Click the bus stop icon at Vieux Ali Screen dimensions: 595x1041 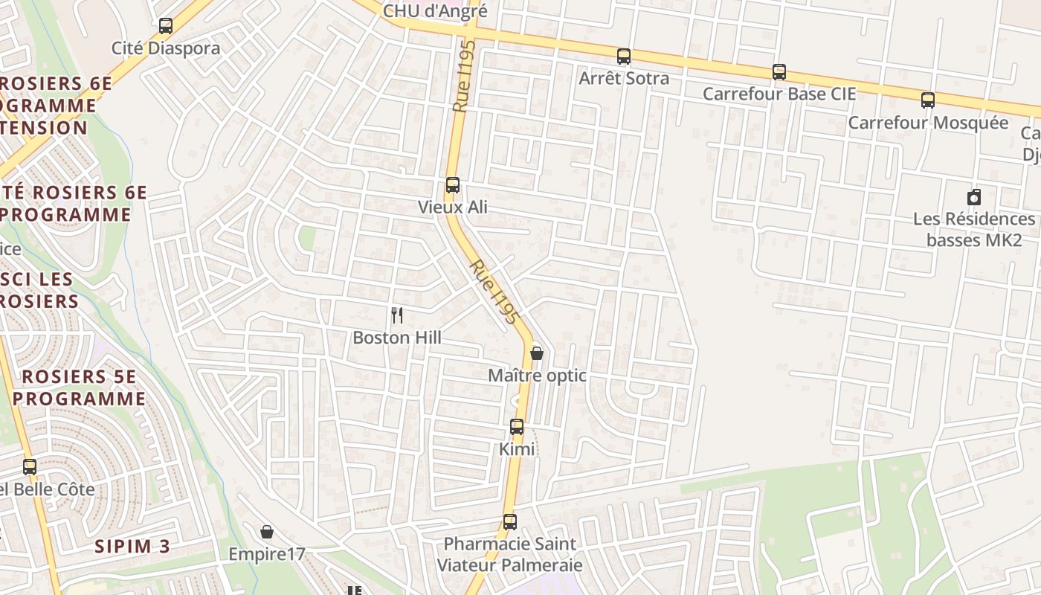click(x=452, y=185)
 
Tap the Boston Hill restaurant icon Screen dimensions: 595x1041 click(x=397, y=315)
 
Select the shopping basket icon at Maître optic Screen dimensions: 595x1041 click(x=536, y=353)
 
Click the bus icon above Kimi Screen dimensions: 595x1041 click(x=517, y=427)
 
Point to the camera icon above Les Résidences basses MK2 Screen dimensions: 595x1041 click(x=974, y=197)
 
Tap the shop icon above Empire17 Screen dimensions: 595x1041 click(x=267, y=532)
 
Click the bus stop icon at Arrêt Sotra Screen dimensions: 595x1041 click(x=624, y=56)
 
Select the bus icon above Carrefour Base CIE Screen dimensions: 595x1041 click(x=779, y=72)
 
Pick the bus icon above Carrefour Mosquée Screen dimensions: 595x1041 click(x=928, y=100)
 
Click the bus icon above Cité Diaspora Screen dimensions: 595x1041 click(x=166, y=26)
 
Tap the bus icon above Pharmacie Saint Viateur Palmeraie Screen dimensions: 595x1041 click(x=509, y=521)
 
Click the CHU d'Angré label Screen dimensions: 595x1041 click(x=435, y=11)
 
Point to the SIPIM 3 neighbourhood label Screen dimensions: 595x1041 click(x=132, y=547)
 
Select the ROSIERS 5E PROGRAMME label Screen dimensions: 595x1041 click(x=79, y=387)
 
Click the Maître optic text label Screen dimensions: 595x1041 click(x=537, y=376)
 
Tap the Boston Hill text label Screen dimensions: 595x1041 click(x=397, y=338)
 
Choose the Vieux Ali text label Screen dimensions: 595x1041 click(x=453, y=207)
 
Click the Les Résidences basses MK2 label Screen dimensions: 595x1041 click(x=974, y=229)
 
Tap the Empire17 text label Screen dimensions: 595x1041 click(x=267, y=554)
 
